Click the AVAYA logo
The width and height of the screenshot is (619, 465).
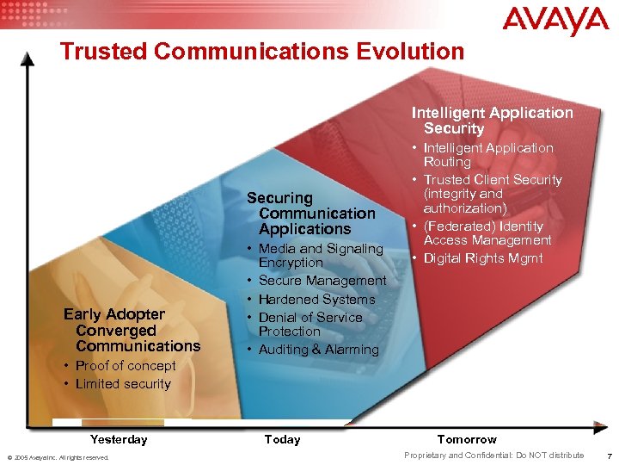(x=555, y=22)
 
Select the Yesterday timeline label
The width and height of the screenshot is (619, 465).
(x=119, y=439)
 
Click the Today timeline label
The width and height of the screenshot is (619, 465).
(x=282, y=439)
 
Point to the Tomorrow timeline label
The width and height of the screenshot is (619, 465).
(x=467, y=439)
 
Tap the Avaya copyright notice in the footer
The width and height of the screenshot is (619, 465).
(x=58, y=457)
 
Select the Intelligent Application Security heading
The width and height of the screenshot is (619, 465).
(x=492, y=121)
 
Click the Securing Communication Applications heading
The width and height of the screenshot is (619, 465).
(x=311, y=214)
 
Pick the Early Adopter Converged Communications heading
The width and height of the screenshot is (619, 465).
(x=132, y=330)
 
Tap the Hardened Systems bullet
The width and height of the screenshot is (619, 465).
(x=316, y=299)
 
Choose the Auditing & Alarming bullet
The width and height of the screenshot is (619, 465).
(x=318, y=350)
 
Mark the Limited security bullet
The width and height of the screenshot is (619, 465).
(x=123, y=384)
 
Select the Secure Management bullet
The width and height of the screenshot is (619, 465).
(x=322, y=281)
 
